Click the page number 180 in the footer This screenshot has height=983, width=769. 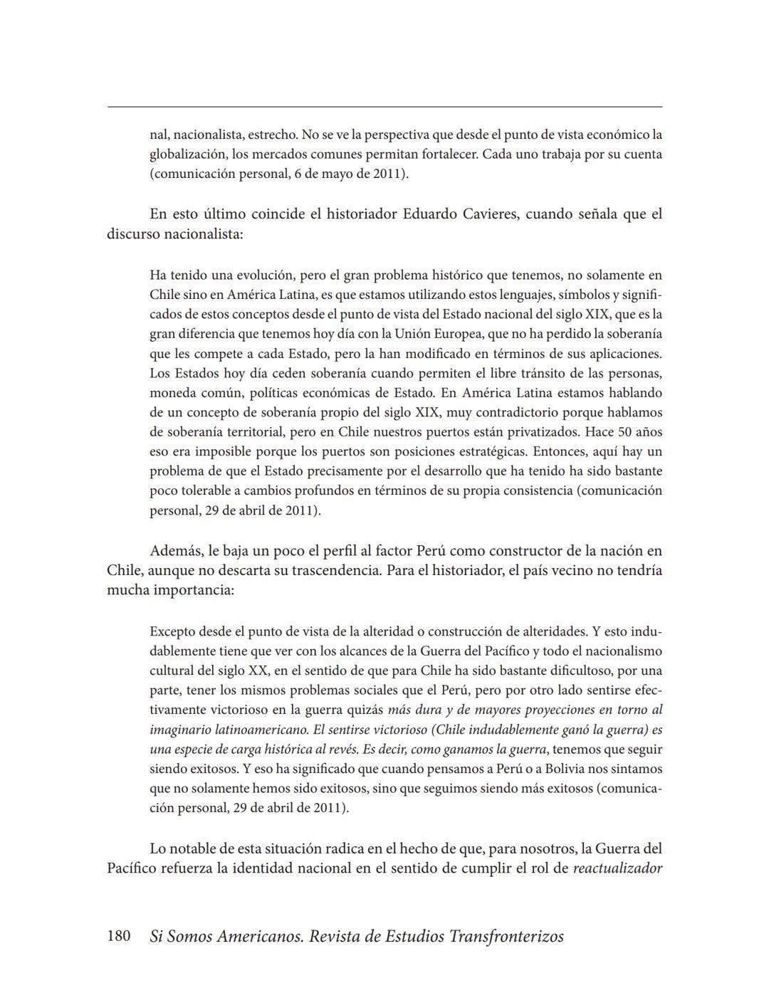(x=118, y=936)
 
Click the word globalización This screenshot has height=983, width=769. (x=187, y=154)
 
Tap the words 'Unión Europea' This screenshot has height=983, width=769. (x=464, y=334)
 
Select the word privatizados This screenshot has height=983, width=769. (x=545, y=432)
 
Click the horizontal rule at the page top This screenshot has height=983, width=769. (x=384, y=107)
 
